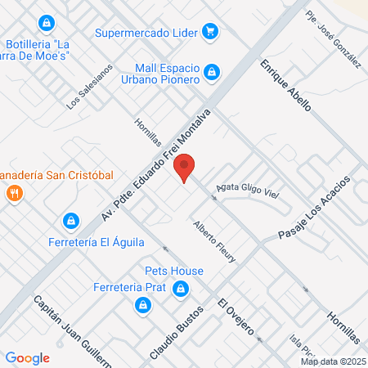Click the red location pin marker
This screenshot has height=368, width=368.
185,168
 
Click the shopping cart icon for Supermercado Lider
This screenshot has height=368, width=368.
212,33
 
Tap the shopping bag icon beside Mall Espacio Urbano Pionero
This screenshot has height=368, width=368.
212,73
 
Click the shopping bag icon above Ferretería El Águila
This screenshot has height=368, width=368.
71,221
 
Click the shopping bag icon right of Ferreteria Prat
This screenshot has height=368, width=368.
182,288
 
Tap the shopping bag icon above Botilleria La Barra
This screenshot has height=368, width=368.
47,22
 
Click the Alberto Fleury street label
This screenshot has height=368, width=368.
214,241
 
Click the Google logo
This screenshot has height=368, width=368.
28,357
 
